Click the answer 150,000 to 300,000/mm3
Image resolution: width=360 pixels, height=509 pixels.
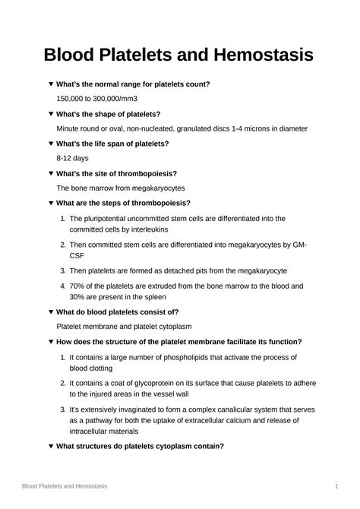point(96,99)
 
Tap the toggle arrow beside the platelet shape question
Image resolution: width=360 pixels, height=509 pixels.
point(50,114)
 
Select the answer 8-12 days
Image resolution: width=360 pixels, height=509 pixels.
point(74,158)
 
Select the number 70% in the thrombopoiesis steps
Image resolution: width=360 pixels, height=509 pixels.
point(78,286)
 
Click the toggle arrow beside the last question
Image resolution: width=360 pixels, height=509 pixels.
point(50,446)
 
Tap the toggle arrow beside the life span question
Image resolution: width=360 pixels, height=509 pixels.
point(50,144)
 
